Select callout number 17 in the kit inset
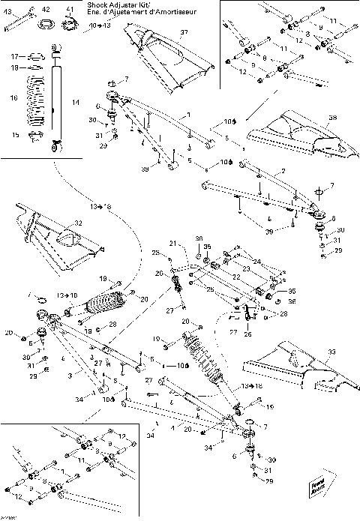pos(13,56)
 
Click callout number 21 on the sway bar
pos(171,244)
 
